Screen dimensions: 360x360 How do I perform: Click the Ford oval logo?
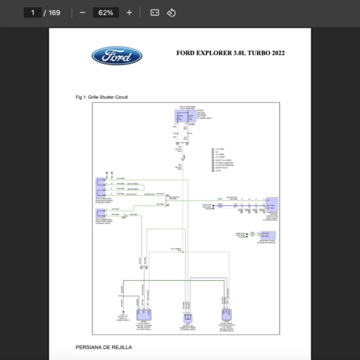pyautogui.click(x=117, y=56)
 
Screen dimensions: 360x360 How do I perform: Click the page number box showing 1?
pyautogui.click(x=32, y=13)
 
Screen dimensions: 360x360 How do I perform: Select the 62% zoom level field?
pyautogui.click(x=106, y=13)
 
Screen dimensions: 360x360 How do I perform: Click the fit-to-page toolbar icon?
pyautogui.click(x=154, y=13)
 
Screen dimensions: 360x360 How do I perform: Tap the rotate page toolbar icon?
pyautogui.click(x=171, y=13)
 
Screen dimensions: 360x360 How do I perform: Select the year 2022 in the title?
pyautogui.click(x=278, y=53)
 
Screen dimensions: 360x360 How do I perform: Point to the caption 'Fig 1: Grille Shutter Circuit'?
pyautogui.click(x=101, y=97)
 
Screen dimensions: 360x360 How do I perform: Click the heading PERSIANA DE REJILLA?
pyautogui.click(x=104, y=347)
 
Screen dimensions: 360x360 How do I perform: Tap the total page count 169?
pyautogui.click(x=55, y=13)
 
